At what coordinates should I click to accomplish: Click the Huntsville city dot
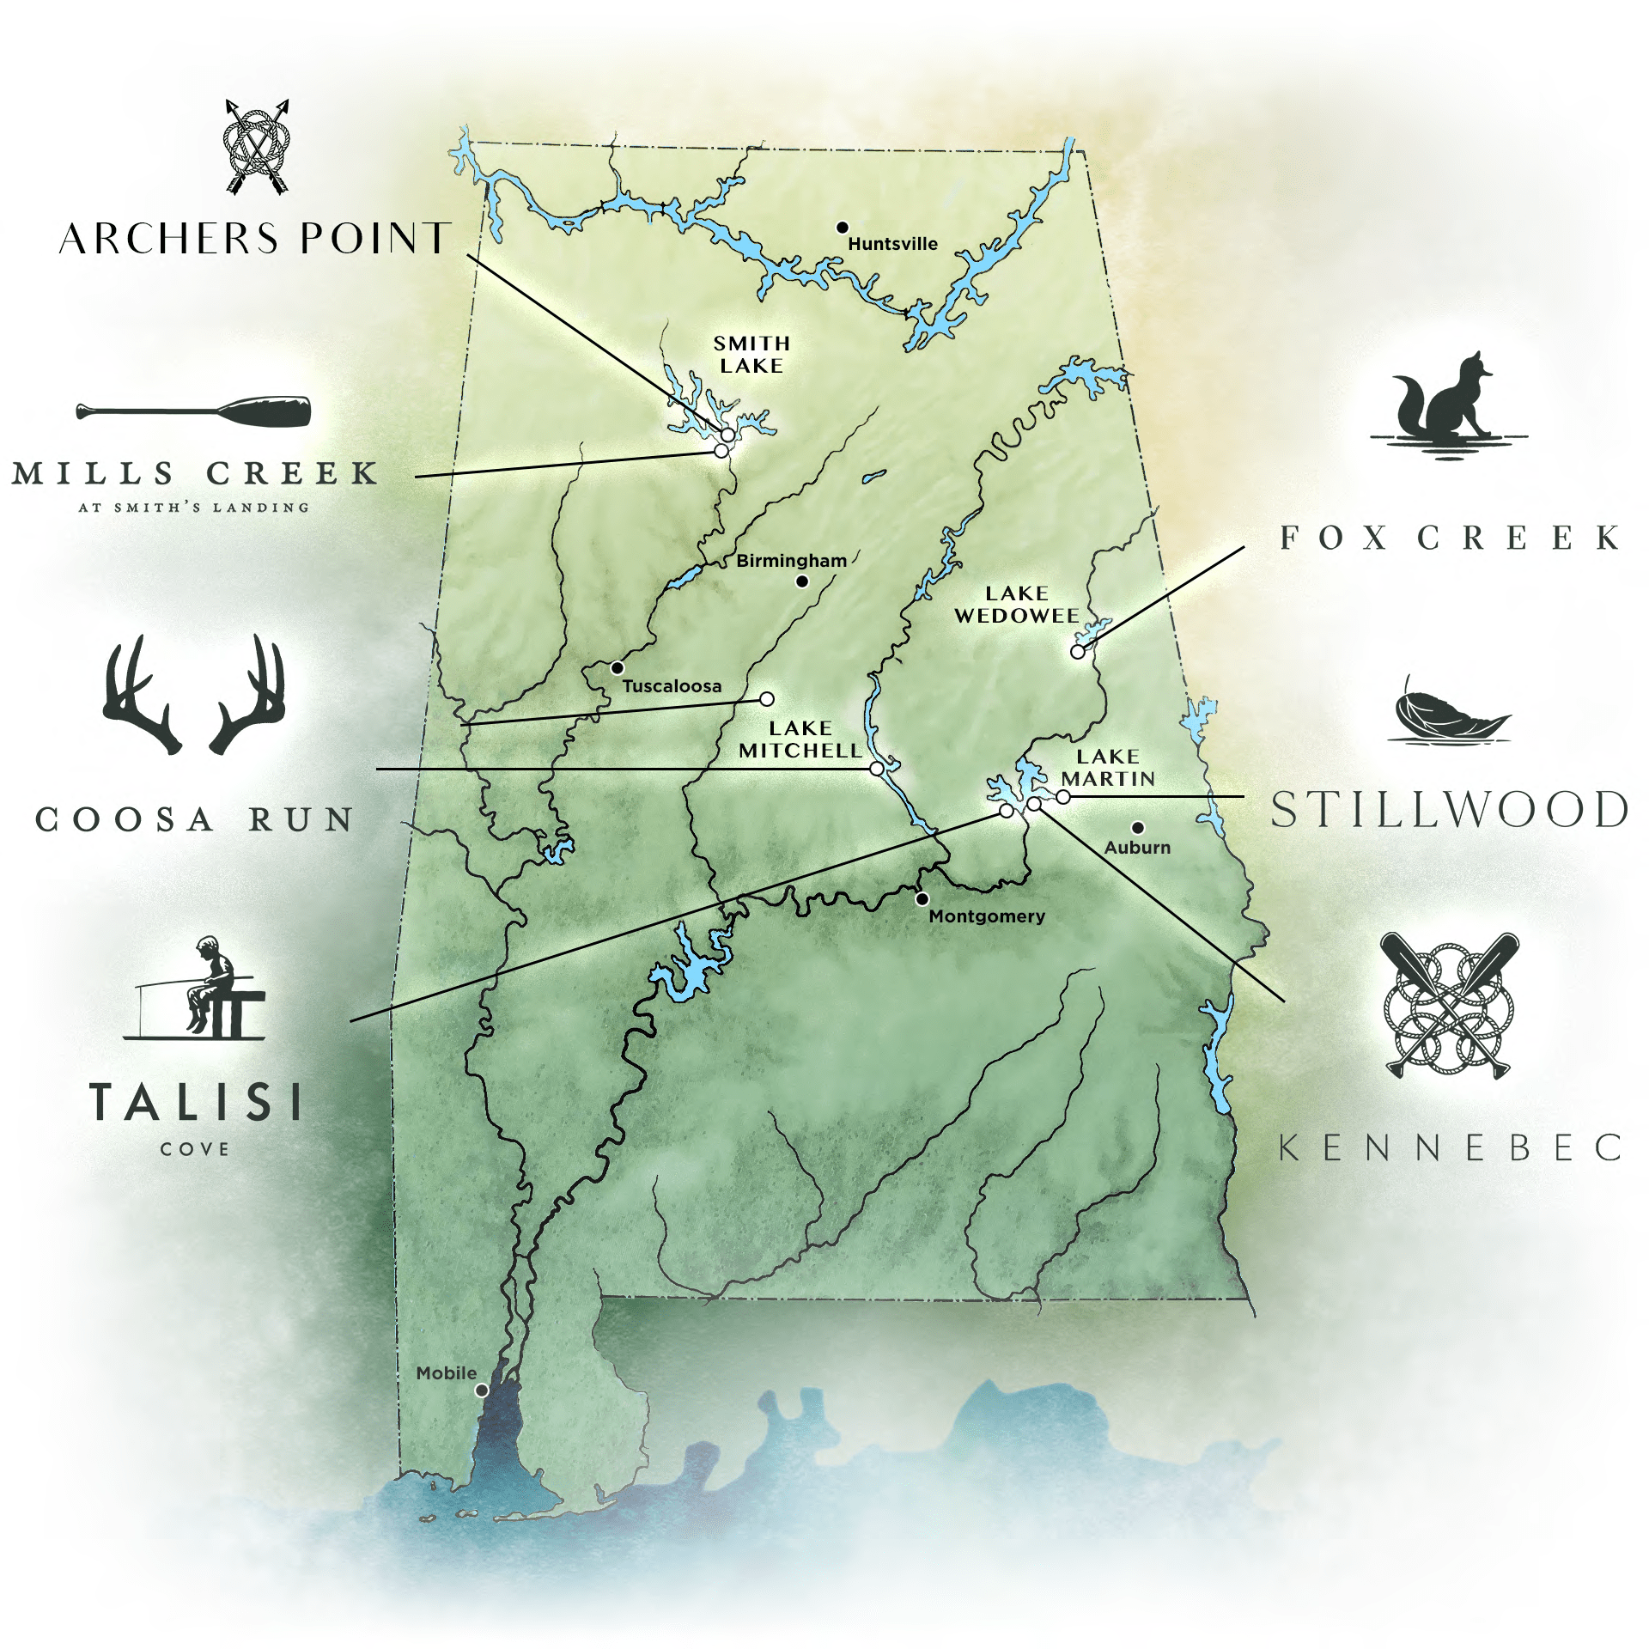(x=843, y=228)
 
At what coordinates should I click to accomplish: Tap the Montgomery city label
(x=987, y=916)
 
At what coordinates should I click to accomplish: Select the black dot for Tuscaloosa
(x=617, y=667)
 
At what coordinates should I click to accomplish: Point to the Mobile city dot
(x=482, y=1390)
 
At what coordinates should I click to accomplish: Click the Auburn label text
(x=1137, y=848)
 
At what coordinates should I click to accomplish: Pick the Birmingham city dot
(x=802, y=581)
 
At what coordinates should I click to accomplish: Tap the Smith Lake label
(x=751, y=355)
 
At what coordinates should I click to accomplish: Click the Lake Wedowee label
(x=1017, y=605)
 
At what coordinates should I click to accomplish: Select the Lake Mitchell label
(x=800, y=739)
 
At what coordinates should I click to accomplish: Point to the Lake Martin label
(x=1108, y=768)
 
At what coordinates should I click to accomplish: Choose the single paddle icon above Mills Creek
(x=194, y=412)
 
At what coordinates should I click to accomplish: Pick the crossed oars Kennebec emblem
(x=1449, y=1005)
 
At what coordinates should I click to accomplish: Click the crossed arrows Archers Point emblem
(x=257, y=147)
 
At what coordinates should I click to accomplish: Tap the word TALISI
(x=196, y=1102)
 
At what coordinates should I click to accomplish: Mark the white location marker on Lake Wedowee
(x=1078, y=652)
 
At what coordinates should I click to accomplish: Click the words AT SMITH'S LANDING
(x=194, y=508)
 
